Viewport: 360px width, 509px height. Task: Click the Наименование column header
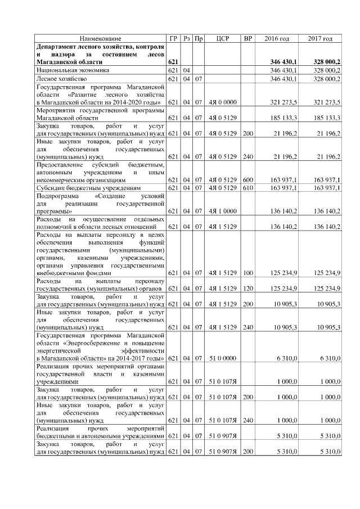100,38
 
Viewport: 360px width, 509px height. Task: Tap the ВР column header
247,38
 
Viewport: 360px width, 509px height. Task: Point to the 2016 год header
277,38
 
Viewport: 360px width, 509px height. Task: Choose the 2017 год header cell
320,38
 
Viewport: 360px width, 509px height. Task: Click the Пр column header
198,38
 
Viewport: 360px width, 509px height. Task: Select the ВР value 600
247,179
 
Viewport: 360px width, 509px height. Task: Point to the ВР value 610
247,188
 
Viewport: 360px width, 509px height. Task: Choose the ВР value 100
247,273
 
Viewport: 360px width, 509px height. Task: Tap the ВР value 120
247,289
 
